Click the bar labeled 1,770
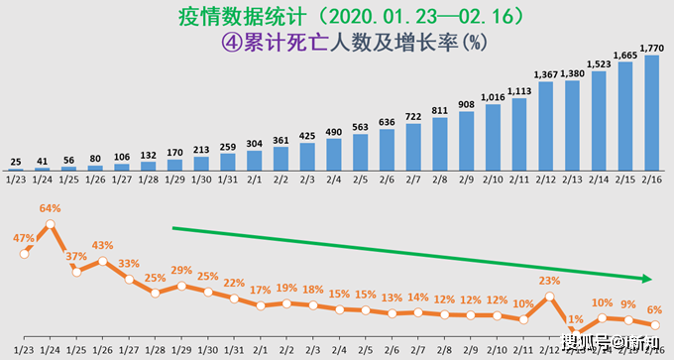[651, 113]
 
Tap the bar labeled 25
[16, 171]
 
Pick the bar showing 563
[359, 154]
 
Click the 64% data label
[51, 208]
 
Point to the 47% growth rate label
[24, 239]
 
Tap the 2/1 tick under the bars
[254, 180]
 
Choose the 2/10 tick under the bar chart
[492, 180]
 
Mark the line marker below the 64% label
[51, 225]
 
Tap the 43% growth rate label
[103, 245]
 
